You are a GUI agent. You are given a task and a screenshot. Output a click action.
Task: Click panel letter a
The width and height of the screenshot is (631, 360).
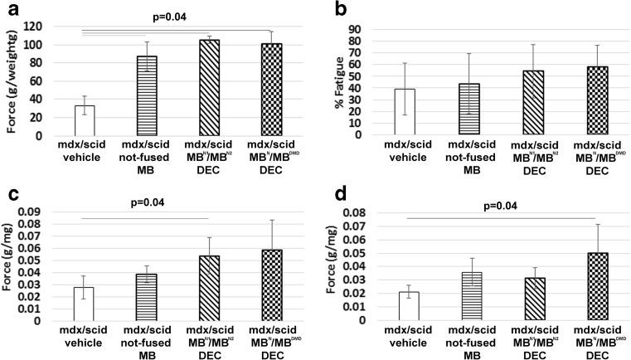point(12,12)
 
